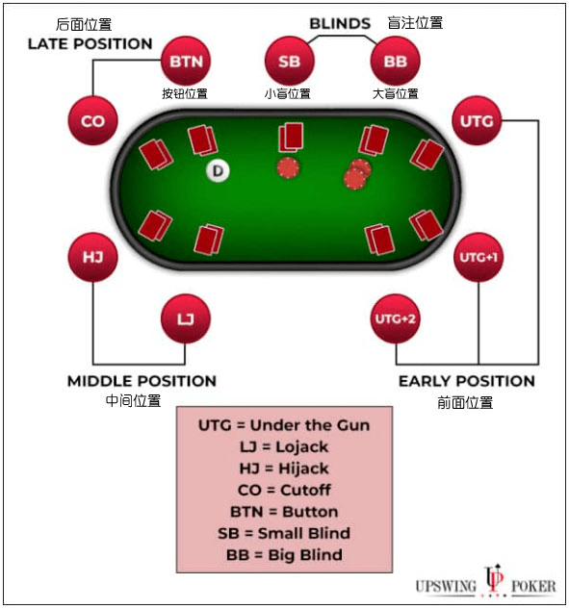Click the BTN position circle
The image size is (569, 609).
pos(186,61)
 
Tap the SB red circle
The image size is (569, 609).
pos(289,61)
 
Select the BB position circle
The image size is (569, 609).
pos(396,61)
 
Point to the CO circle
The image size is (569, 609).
pos(92,121)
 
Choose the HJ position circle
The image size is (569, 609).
pos(92,257)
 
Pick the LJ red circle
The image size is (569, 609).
pos(186,318)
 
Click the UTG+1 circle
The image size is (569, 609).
pos(478,257)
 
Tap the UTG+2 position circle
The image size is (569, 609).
pos(396,318)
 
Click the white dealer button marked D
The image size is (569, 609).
pos(218,170)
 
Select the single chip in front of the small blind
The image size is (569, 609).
pos(288,168)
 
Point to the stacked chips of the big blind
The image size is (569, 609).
pos(357,174)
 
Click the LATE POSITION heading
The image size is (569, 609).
pos(90,44)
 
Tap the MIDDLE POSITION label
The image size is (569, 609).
pos(142,381)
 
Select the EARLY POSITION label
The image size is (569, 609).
pos(467,381)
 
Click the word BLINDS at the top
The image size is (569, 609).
pos(340,24)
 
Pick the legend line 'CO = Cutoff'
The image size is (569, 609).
pos(284,490)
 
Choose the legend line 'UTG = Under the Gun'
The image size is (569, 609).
pos(284,425)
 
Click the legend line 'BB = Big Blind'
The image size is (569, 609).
pos(284,554)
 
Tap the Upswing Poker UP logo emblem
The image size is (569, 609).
pos(494,580)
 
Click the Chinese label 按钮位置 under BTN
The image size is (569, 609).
pos(185,93)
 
